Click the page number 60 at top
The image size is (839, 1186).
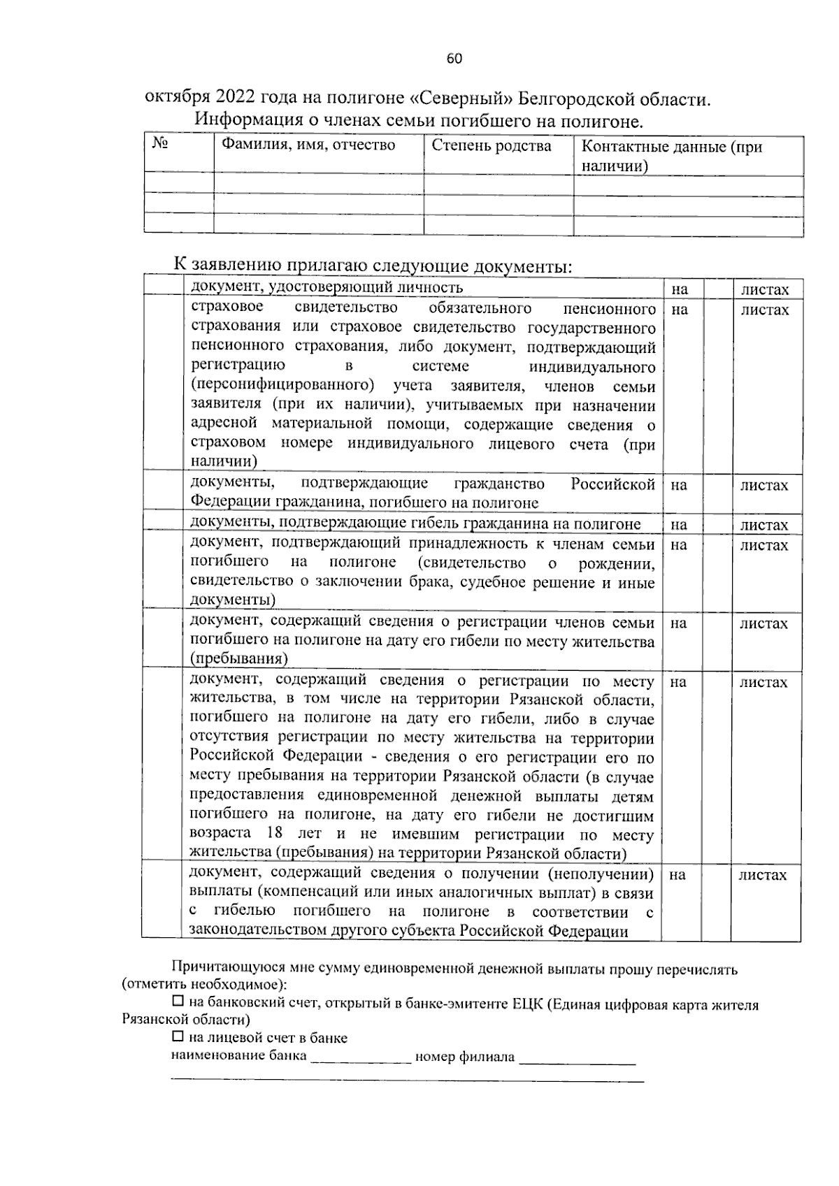pos(454,59)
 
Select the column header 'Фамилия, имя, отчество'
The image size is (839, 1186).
pos(308,145)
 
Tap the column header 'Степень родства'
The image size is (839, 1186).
pos(491,145)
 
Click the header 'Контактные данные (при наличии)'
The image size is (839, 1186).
pos(671,156)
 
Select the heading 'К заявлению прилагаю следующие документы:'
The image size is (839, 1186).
pos(373,266)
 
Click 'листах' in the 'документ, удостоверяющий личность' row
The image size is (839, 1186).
pos(765,289)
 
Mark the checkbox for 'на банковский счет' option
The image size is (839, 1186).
pos(178,1003)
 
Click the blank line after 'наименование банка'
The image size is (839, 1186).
pos(361,1057)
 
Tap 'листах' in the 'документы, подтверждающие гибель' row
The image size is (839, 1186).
pos(765,525)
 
